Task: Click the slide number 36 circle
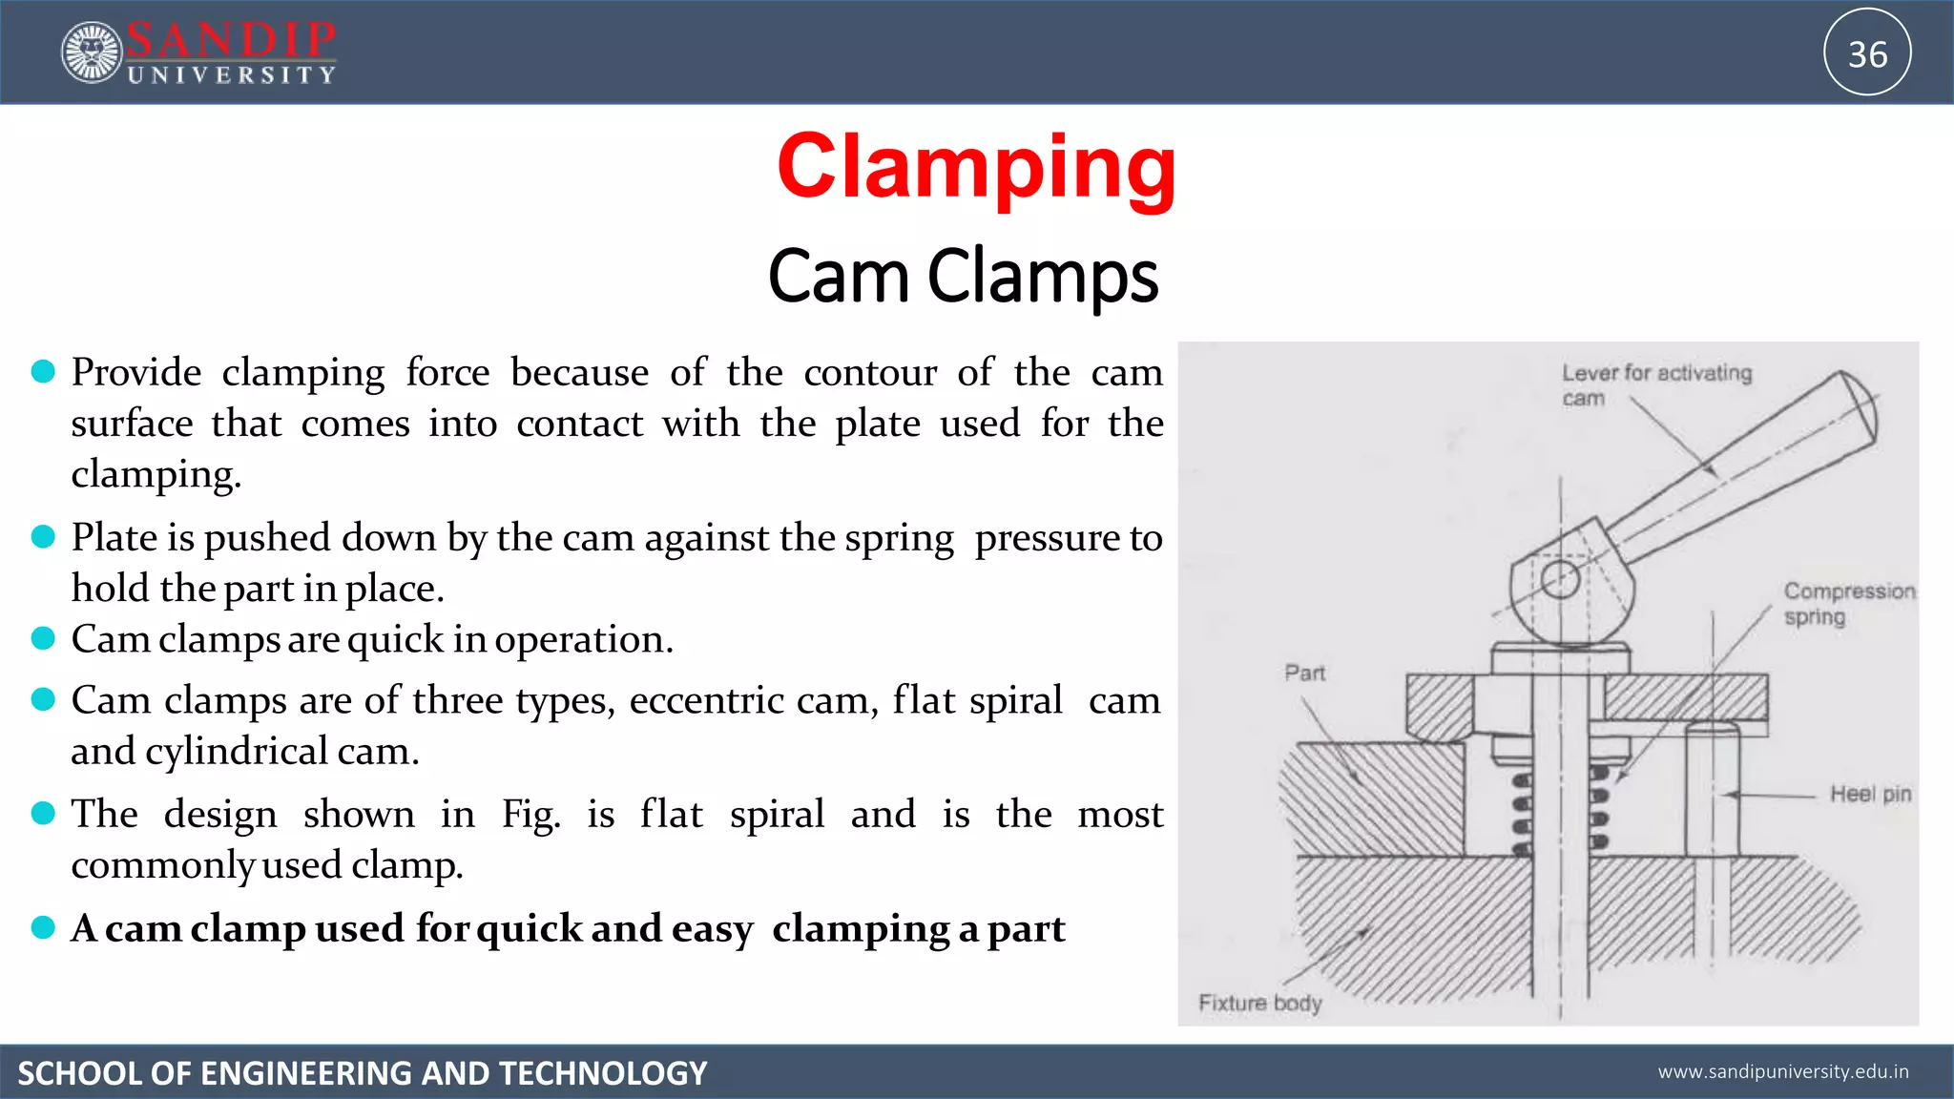pyautogui.click(x=1867, y=52)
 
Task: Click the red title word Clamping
pyautogui.click(x=976, y=168)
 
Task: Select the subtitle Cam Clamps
pyautogui.click(x=963, y=276)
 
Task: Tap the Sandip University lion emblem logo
pyautogui.click(x=92, y=52)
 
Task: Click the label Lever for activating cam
pyautogui.click(x=1655, y=384)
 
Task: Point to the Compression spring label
pyautogui.click(x=1848, y=603)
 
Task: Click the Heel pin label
pyautogui.click(x=1870, y=794)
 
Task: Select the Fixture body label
pyautogui.click(x=1259, y=1003)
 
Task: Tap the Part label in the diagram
pyautogui.click(x=1304, y=673)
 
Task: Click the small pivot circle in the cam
pyautogui.click(x=1560, y=579)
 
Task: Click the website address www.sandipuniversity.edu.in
pyautogui.click(x=1782, y=1071)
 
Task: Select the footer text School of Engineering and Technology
pyautogui.click(x=363, y=1073)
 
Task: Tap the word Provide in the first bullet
pyautogui.click(x=136, y=372)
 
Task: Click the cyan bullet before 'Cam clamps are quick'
pyautogui.click(x=43, y=637)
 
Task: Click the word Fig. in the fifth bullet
pyautogui.click(x=530, y=815)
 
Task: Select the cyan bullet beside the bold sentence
pyautogui.click(x=43, y=926)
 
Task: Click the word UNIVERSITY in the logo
pyautogui.click(x=232, y=75)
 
